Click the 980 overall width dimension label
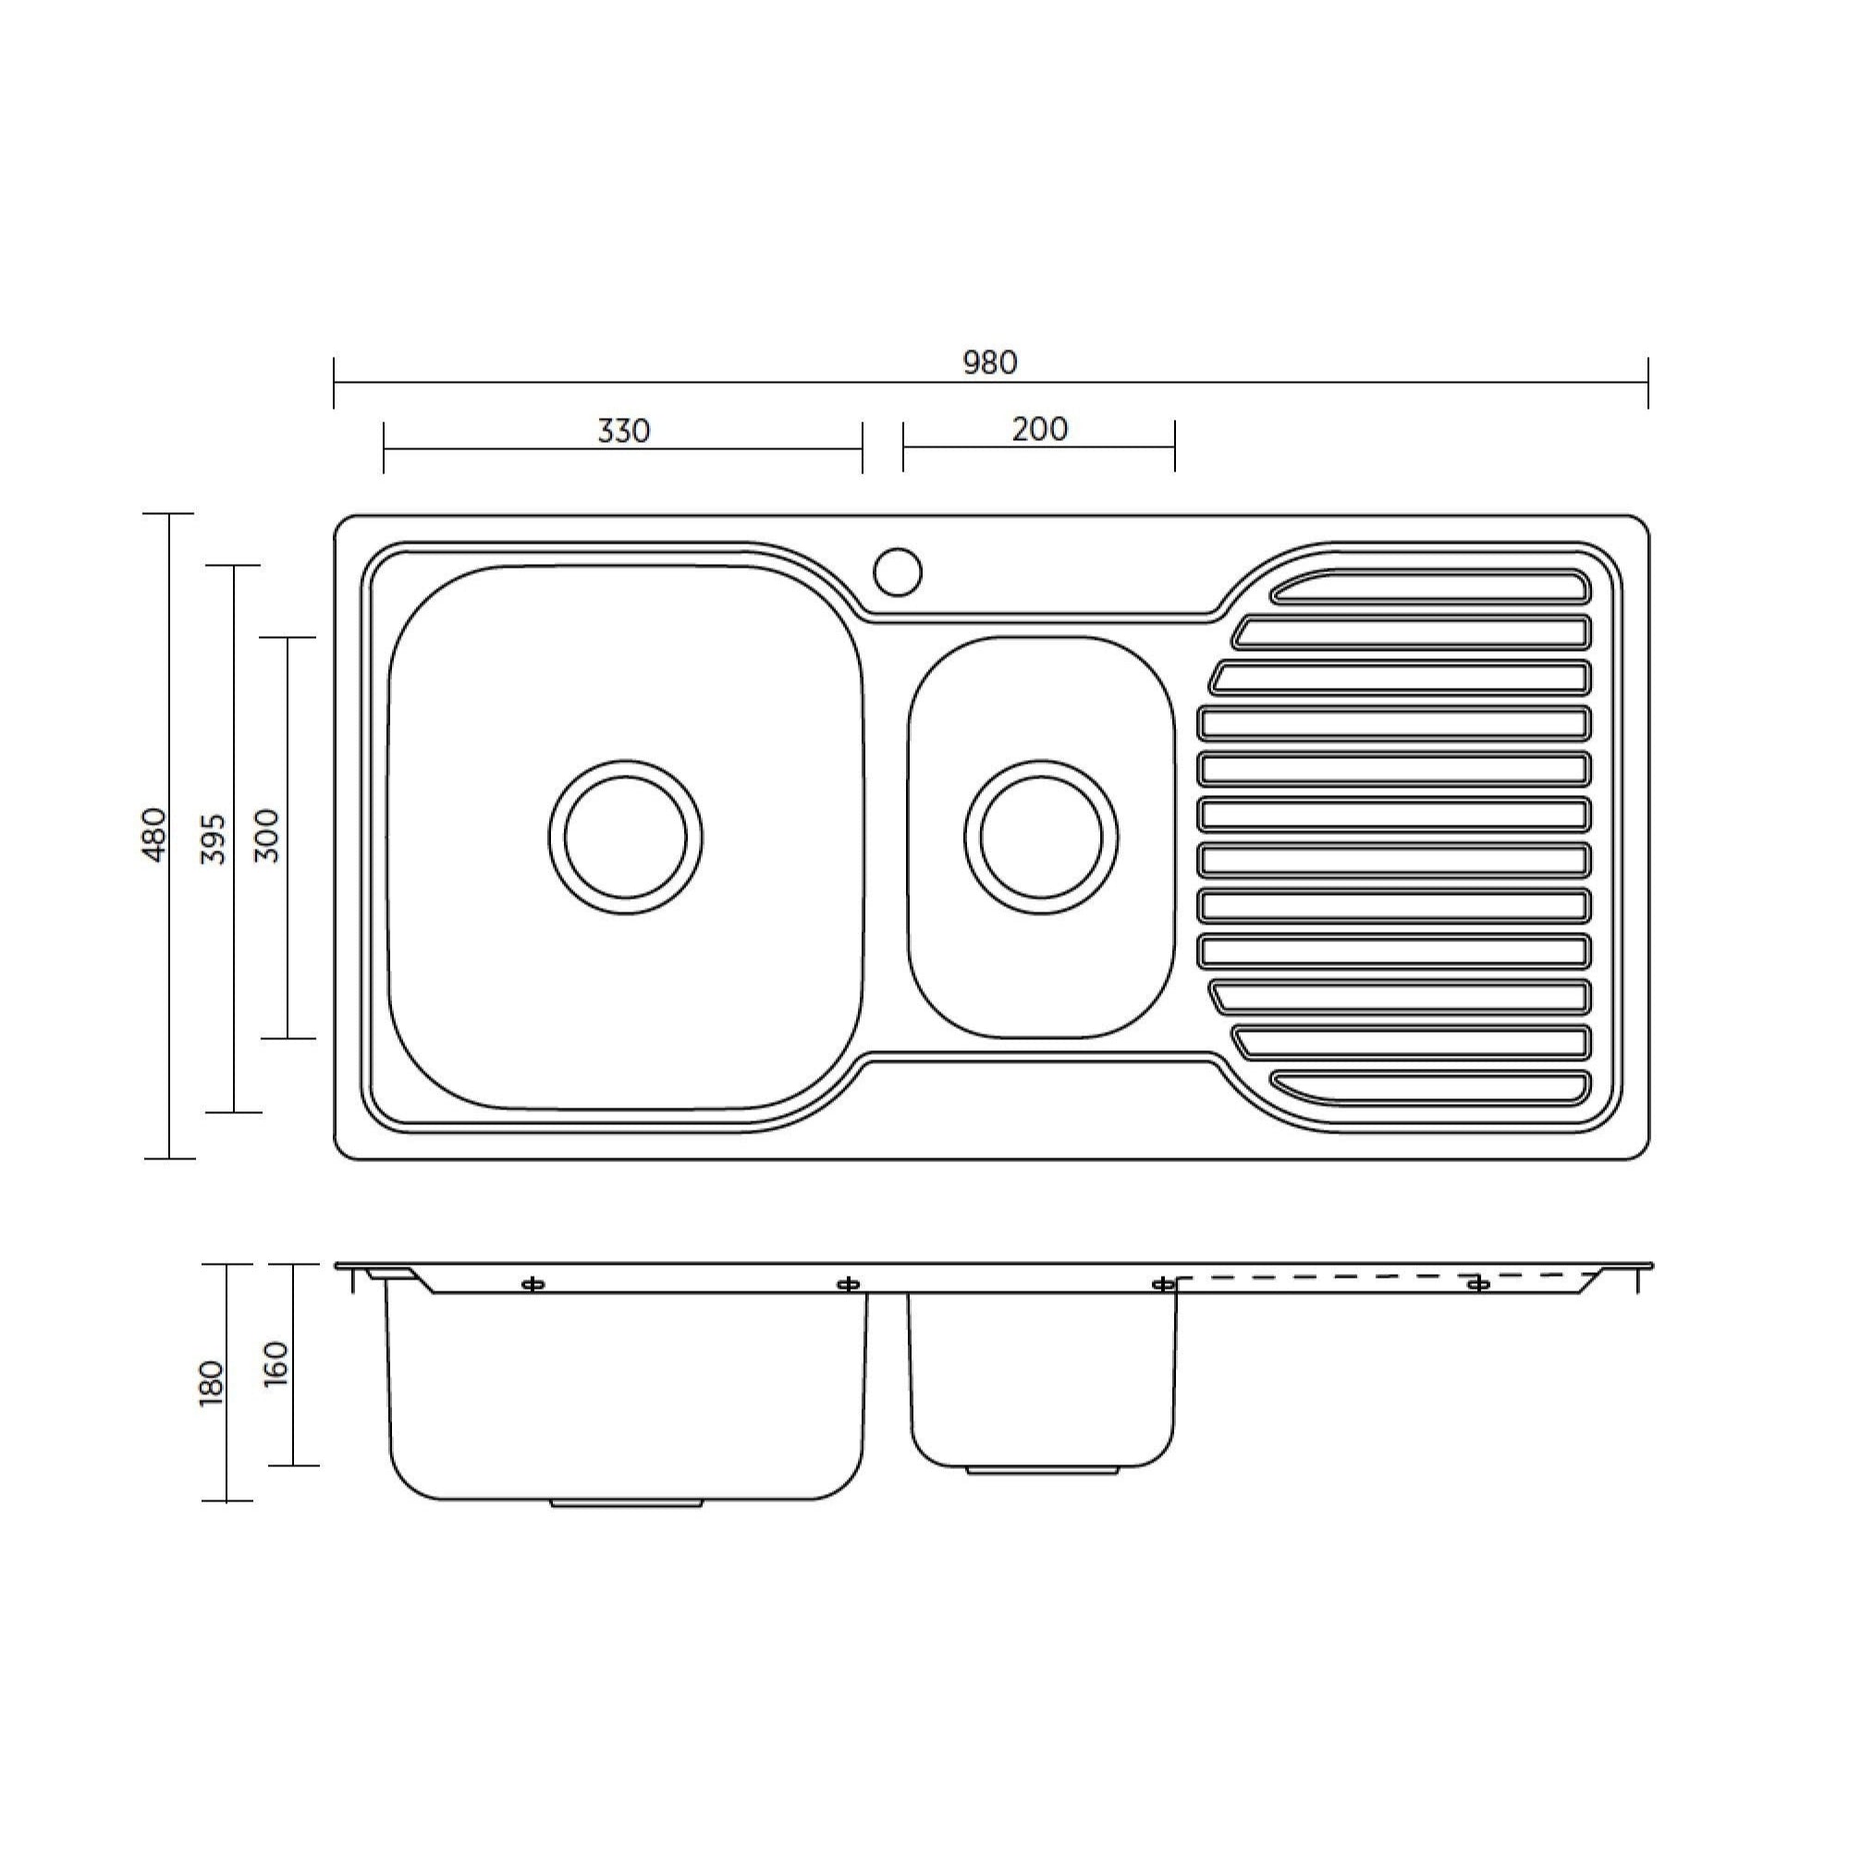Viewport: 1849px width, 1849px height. click(x=989, y=362)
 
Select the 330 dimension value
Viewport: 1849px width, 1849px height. click(x=623, y=431)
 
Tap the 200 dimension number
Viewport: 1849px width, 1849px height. click(x=1039, y=429)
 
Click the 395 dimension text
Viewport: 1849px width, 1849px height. click(x=214, y=839)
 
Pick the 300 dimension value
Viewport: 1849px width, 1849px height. click(x=268, y=836)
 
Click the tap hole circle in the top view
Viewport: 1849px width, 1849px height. click(x=898, y=572)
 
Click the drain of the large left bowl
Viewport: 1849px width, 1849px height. click(x=625, y=837)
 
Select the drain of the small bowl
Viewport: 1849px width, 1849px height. click(x=1040, y=837)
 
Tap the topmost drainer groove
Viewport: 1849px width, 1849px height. click(x=1431, y=587)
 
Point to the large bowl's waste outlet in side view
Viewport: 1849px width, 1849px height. click(x=627, y=1503)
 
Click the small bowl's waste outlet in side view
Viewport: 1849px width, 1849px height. click(x=1041, y=1469)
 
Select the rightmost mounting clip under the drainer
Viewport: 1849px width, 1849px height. click(x=1478, y=1283)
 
